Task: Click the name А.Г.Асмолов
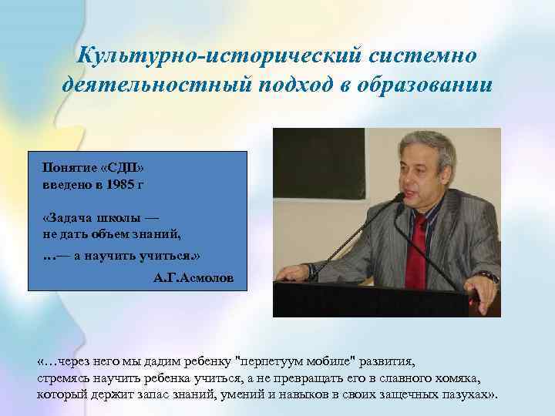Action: [192, 275]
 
